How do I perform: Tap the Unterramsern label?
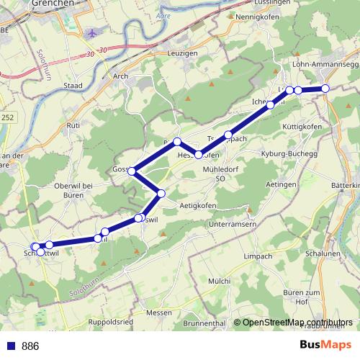click(233, 225)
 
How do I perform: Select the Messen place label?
click(158, 312)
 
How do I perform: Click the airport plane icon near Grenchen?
click(91, 34)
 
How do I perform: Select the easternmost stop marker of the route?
click(325, 88)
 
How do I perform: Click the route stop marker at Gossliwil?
click(132, 171)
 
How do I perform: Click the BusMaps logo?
click(325, 345)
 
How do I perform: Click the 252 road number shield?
click(7, 117)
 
